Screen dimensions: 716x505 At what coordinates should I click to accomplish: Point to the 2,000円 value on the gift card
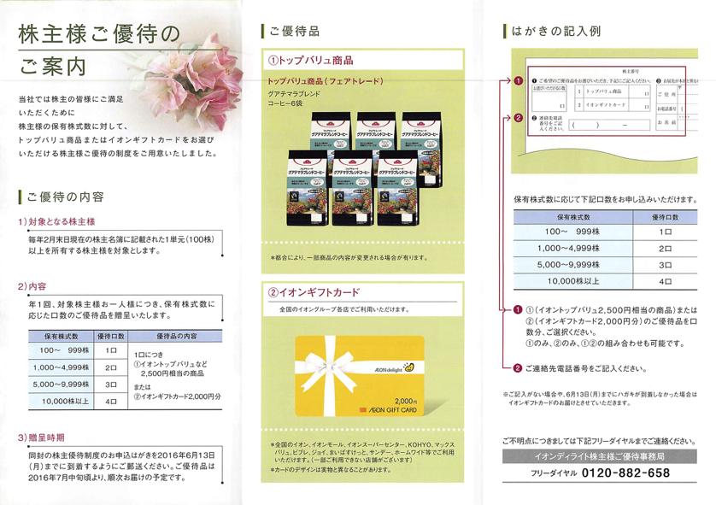point(404,399)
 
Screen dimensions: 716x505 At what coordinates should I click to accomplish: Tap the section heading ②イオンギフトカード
point(314,291)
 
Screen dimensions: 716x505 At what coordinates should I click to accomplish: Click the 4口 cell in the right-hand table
point(665,279)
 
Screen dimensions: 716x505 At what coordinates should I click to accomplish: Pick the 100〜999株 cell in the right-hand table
point(566,232)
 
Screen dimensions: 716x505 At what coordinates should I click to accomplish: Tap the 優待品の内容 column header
point(176,336)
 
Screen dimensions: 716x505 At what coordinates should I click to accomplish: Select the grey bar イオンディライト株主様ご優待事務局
point(596,457)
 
